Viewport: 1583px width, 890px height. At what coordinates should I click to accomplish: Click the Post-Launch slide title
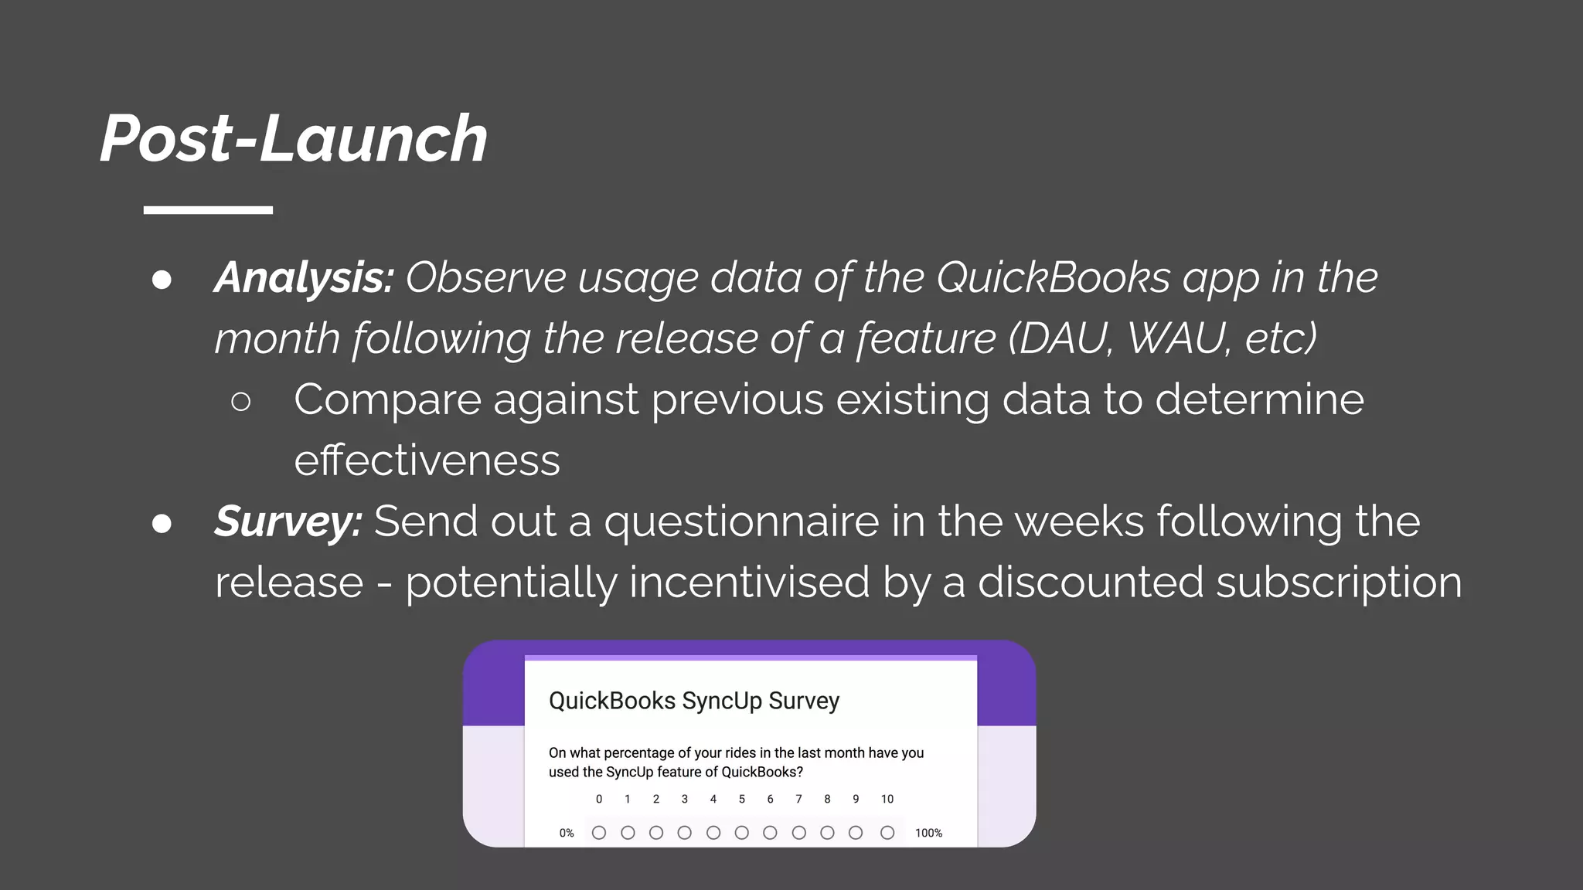click(294, 139)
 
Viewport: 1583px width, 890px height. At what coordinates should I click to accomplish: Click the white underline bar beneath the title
click(208, 210)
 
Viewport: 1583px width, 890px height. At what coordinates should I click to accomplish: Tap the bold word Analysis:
click(305, 277)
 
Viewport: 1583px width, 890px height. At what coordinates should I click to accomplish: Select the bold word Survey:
click(288, 521)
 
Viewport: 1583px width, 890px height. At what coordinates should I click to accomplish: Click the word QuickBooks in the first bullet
click(1054, 277)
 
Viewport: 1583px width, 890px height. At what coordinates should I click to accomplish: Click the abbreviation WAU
click(1177, 338)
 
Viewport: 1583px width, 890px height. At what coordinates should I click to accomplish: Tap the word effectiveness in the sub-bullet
click(427, 460)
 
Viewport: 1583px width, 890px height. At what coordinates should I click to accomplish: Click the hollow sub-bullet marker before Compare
click(240, 401)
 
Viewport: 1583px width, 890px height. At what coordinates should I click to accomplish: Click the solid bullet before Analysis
click(162, 280)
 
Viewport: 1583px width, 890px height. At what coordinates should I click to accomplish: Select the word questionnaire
click(741, 521)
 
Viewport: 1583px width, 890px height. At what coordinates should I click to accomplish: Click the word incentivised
click(749, 582)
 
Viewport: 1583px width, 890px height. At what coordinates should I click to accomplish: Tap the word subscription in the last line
click(1338, 582)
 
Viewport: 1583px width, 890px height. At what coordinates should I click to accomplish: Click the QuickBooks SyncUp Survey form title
click(693, 701)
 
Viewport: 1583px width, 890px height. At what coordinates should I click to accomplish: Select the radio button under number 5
click(741, 832)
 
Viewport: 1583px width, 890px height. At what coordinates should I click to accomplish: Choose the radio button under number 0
click(598, 832)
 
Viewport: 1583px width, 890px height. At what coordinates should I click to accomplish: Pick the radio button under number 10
click(887, 832)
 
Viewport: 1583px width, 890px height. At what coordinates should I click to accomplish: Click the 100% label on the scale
click(928, 833)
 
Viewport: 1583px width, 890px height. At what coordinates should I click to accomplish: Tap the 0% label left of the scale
click(567, 833)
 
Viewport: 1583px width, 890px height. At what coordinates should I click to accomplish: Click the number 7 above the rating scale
click(798, 799)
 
